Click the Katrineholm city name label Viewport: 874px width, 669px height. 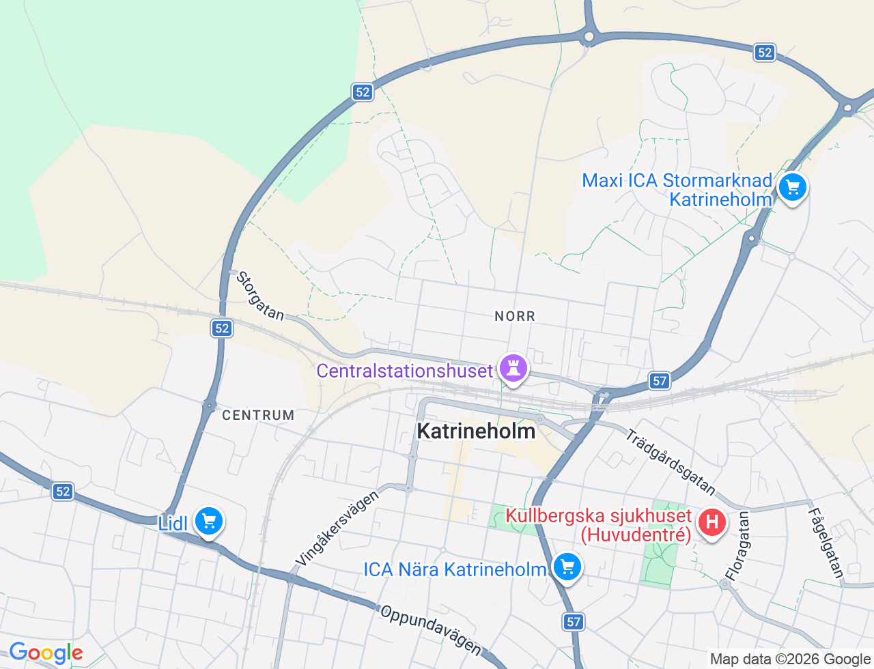(476, 431)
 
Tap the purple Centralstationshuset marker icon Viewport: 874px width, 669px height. (513, 368)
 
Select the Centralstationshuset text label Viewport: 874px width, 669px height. (404, 371)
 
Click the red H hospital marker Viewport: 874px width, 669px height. (711, 523)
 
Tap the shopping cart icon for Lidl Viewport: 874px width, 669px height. (208, 522)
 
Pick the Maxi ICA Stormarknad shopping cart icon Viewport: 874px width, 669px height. (792, 187)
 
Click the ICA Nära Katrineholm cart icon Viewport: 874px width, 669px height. (566, 567)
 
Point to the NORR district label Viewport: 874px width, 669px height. (515, 316)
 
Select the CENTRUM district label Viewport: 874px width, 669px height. (258, 415)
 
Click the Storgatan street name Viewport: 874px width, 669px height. (260, 296)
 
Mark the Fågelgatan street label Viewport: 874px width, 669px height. (826, 543)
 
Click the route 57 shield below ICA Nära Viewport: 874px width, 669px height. (574, 621)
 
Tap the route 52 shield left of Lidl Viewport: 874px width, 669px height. (63, 491)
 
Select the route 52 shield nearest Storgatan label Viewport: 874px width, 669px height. (222, 328)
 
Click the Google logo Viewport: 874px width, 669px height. (46, 653)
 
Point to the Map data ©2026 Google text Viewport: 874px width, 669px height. (790, 659)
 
